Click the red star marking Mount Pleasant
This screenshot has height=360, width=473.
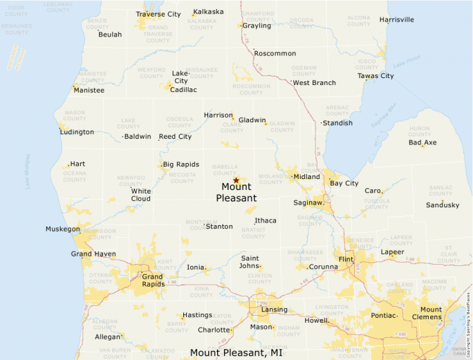pyautogui.click(x=236, y=180)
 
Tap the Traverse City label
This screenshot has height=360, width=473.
pyautogui.click(x=158, y=14)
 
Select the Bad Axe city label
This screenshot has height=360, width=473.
pyautogui.click(x=423, y=143)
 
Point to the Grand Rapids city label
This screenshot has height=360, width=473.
pyautogui.click(x=153, y=281)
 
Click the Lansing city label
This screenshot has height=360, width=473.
pyautogui.click(x=274, y=309)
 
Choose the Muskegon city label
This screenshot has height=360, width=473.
pyautogui.click(x=63, y=229)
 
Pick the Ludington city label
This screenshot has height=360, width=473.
pyautogui.click(x=77, y=132)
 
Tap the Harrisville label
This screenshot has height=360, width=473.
pyautogui.click(x=397, y=19)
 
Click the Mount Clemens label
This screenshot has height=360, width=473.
pyautogui.click(x=431, y=313)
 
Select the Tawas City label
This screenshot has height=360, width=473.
pyautogui.click(x=375, y=76)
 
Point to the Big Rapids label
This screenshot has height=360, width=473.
pyautogui.click(x=181, y=164)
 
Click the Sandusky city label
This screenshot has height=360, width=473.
pyautogui.click(x=443, y=205)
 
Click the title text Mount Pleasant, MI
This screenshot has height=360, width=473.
pyautogui.click(x=236, y=353)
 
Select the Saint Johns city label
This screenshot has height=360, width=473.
pyautogui.click(x=250, y=262)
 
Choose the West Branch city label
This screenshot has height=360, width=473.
pyautogui.click(x=314, y=83)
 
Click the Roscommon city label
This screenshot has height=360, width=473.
pyautogui.click(x=275, y=53)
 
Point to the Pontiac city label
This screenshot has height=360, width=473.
pyautogui.click(x=384, y=315)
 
